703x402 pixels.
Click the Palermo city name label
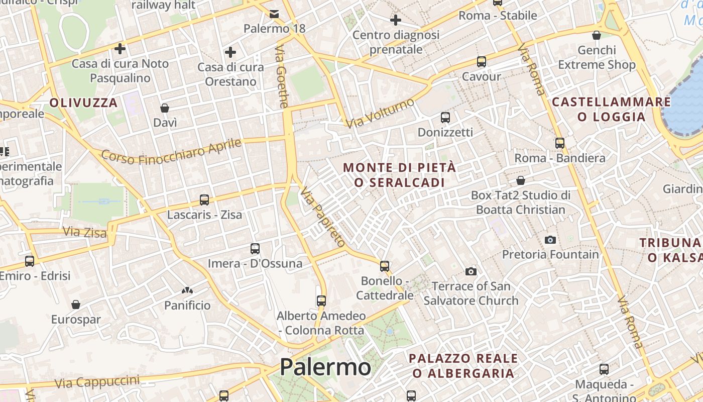pos(325,367)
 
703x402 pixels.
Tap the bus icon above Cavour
pos(482,62)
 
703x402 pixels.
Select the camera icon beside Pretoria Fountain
pos(550,240)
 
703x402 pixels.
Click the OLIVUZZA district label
pos(83,103)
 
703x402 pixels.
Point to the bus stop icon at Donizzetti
pos(445,118)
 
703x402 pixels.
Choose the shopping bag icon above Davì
pos(165,108)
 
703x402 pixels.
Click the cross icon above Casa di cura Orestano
pos(230,52)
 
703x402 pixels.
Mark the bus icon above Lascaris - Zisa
pos(204,200)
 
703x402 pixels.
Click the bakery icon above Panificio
pos(187,290)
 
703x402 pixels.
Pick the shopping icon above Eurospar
pos(76,305)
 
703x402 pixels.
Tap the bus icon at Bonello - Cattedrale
pos(385,266)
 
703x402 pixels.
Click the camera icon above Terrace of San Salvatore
pos(471,272)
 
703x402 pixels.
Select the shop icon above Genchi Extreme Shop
pos(597,35)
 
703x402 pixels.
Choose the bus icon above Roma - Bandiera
pos(560,143)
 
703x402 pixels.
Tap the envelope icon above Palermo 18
pos(274,14)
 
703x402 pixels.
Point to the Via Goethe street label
pos(282,76)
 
